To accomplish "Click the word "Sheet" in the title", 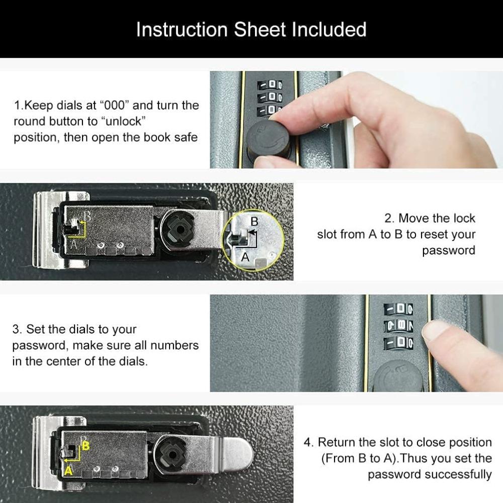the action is pos(260,30).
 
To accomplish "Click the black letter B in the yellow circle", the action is pos(254,221).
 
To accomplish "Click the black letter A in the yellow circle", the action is pos(245,257).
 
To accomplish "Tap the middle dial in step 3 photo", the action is pos(399,326).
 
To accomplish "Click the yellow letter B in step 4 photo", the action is pos(86,446).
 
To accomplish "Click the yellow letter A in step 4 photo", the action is pos(68,471).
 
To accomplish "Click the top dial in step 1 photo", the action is pos(270,86).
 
